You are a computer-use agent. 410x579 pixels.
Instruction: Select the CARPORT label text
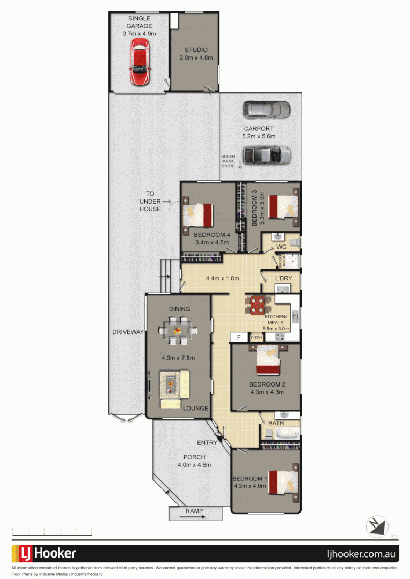point(259,129)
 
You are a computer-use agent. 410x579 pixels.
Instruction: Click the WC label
point(281,247)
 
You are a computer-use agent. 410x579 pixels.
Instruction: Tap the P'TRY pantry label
point(257,338)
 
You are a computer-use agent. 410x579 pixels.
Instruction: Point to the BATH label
point(276,423)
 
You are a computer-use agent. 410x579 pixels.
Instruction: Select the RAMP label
point(194,511)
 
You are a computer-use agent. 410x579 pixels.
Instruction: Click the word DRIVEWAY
point(128,332)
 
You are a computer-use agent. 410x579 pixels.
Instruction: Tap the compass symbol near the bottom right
point(377,526)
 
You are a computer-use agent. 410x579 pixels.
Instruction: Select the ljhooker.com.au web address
point(362,554)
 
